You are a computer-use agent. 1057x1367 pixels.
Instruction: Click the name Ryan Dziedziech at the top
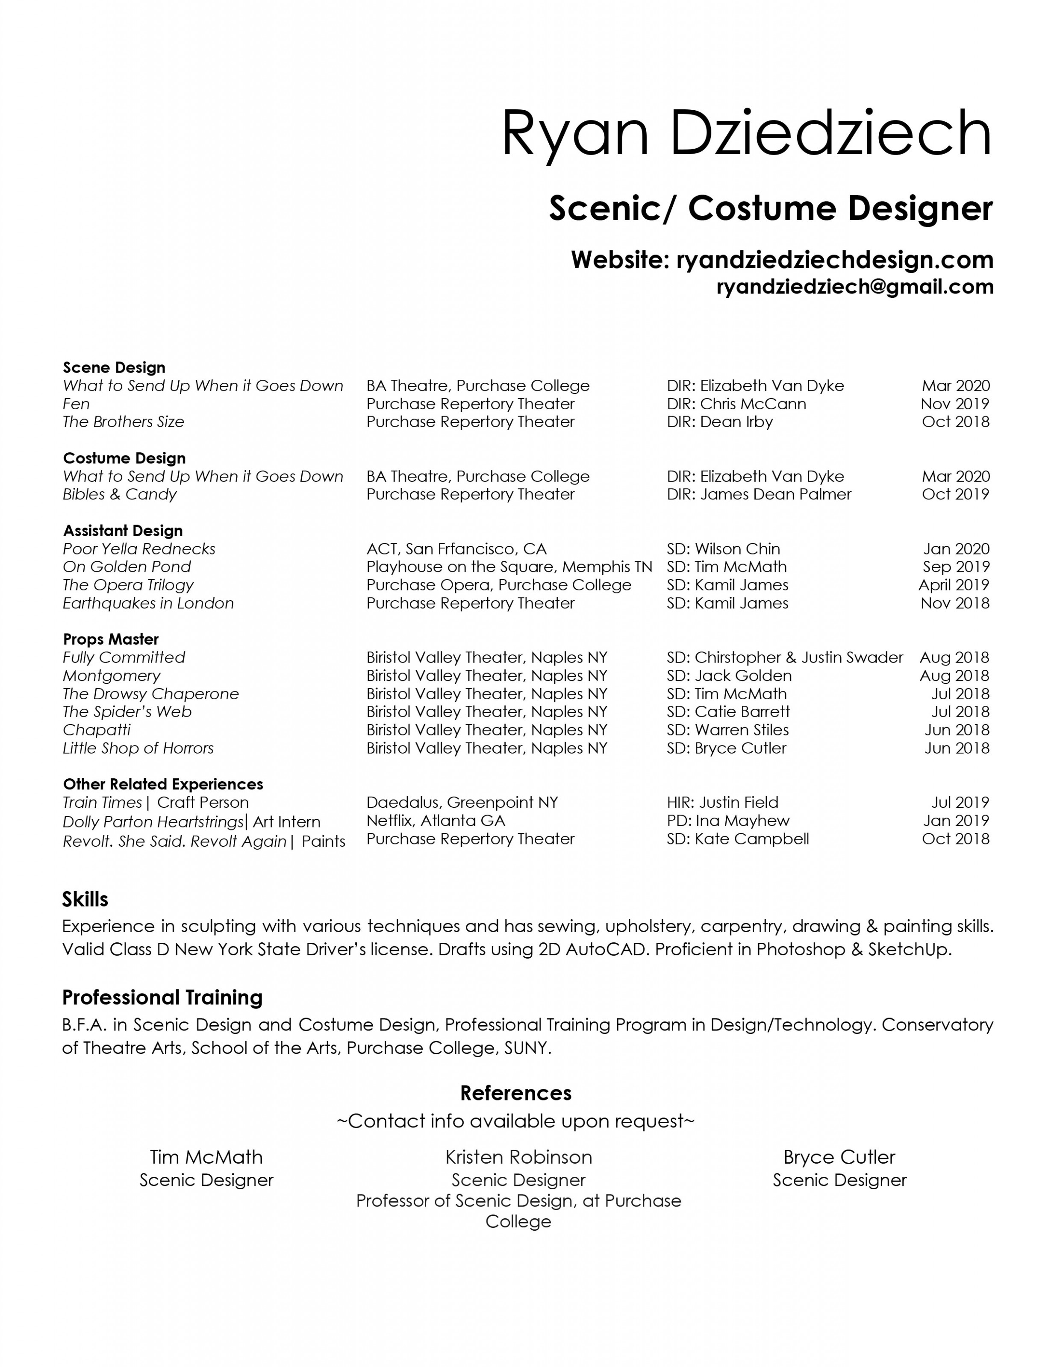pyautogui.click(x=746, y=133)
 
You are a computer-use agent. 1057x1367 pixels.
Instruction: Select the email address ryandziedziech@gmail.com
pyautogui.click(x=855, y=287)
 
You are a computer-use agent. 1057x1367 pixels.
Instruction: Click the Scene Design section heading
pyautogui.click(x=114, y=367)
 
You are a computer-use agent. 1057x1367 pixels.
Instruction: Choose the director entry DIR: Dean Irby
pyautogui.click(x=719, y=422)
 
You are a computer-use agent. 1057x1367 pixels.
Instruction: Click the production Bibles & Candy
pyautogui.click(x=120, y=495)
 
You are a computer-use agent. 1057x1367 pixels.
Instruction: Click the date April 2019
pyautogui.click(x=953, y=585)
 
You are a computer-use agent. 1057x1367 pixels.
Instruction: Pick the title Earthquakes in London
pyautogui.click(x=148, y=603)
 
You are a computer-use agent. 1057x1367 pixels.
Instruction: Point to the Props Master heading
pyautogui.click(x=111, y=639)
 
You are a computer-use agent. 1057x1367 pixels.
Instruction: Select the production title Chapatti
pyautogui.click(x=97, y=730)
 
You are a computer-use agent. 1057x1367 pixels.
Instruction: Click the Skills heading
pyautogui.click(x=85, y=899)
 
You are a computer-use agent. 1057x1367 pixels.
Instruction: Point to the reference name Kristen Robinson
pyautogui.click(x=518, y=1157)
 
